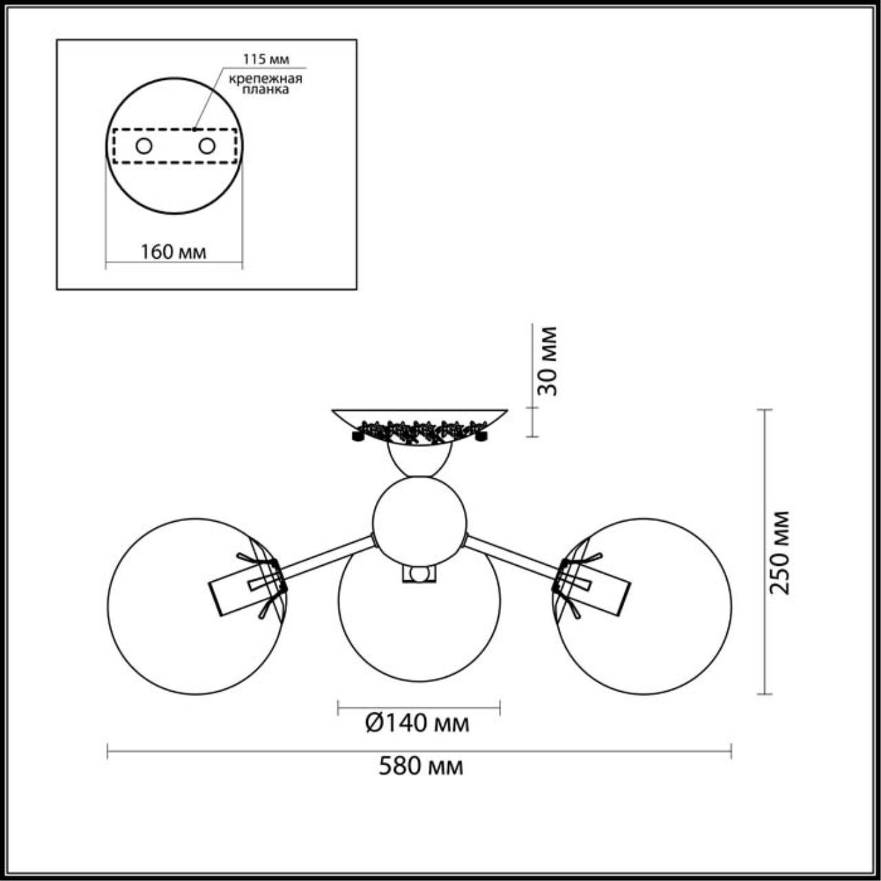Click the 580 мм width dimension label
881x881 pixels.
[x=421, y=766]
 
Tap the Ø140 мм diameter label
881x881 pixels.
[x=417, y=723]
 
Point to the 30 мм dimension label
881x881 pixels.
[x=547, y=361]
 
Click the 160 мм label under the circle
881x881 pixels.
[x=173, y=252]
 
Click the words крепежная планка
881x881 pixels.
[x=266, y=84]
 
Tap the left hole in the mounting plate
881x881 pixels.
[x=144, y=146]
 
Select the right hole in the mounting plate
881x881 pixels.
[x=206, y=146]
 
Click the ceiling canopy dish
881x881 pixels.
[x=420, y=416]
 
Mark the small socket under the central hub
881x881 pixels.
[x=419, y=574]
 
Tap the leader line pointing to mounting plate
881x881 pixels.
[x=209, y=99]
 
